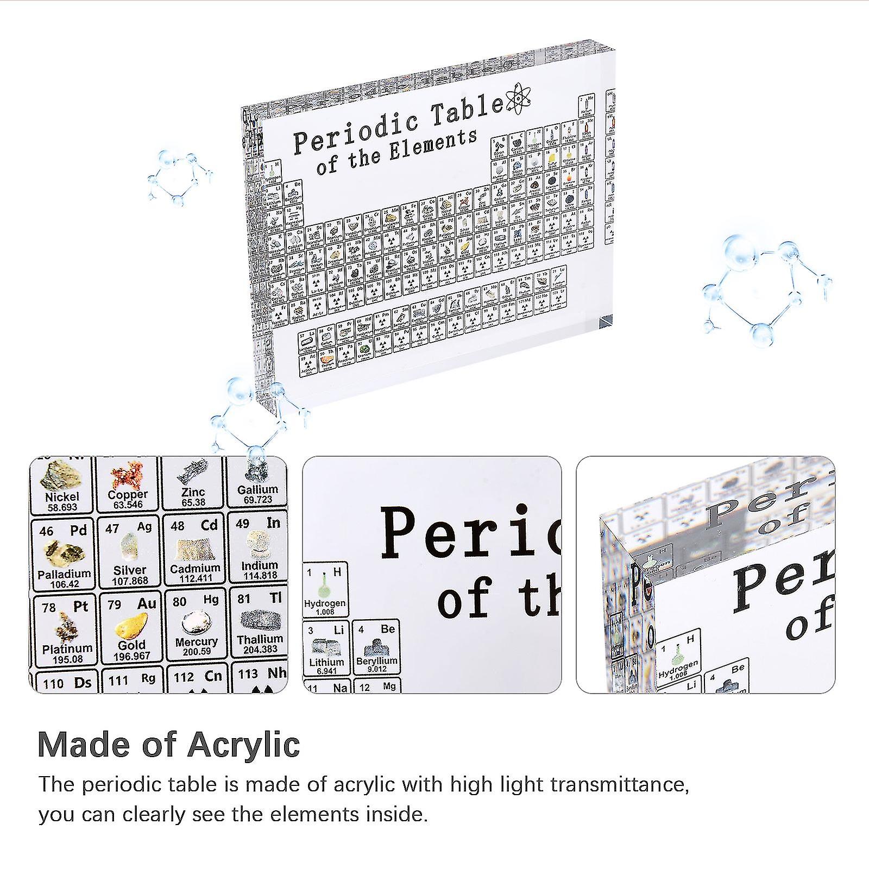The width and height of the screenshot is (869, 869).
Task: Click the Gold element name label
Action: point(131,645)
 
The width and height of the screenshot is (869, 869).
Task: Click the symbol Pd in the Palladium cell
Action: point(78,531)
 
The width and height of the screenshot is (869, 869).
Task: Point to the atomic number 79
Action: point(114,604)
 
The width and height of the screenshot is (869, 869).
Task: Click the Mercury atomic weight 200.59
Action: point(197,652)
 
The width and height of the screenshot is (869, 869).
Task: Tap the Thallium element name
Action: point(260,639)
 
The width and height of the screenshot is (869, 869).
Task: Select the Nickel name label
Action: point(62,496)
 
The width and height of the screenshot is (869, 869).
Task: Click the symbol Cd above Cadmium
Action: point(209,525)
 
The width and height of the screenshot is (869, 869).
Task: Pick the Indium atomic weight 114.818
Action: point(259,576)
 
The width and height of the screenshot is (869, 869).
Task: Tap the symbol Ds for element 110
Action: point(83,683)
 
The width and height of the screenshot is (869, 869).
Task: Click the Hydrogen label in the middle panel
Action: point(325,603)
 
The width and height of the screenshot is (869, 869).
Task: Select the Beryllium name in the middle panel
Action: point(377,661)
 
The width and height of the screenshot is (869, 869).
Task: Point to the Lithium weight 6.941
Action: point(326,671)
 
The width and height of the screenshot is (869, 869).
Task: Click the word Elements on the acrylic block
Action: point(432,147)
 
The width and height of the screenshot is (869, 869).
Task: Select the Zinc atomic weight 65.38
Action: point(193,502)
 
